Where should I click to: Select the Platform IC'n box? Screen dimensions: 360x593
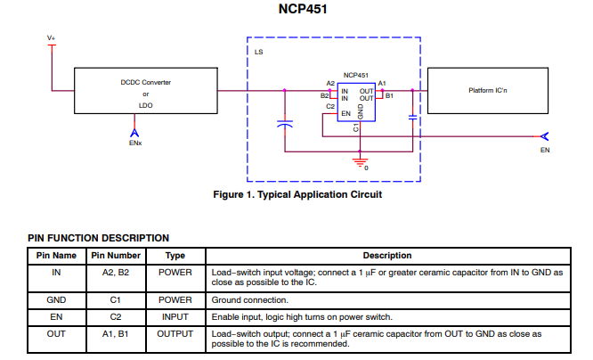(x=490, y=91)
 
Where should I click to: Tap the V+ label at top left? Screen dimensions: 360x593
(x=52, y=37)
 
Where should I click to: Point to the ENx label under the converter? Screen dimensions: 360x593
(x=135, y=143)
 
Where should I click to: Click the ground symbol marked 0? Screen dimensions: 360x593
(x=361, y=163)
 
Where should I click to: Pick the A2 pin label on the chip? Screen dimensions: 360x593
(x=330, y=83)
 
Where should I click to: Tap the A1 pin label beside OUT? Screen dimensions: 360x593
(x=383, y=83)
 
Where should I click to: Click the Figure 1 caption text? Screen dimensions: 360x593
(x=296, y=194)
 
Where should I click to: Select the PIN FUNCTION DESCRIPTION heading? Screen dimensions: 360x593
(x=98, y=238)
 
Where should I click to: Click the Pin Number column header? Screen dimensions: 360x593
(x=116, y=256)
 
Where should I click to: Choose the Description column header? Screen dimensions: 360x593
(x=386, y=256)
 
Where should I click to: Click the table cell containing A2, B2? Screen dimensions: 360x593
(x=116, y=272)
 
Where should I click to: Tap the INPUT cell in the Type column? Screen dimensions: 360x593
(x=175, y=316)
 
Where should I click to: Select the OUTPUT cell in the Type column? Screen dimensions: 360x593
(x=175, y=332)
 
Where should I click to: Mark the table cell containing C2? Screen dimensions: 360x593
(x=116, y=316)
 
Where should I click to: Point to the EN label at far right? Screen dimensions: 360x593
(x=545, y=150)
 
